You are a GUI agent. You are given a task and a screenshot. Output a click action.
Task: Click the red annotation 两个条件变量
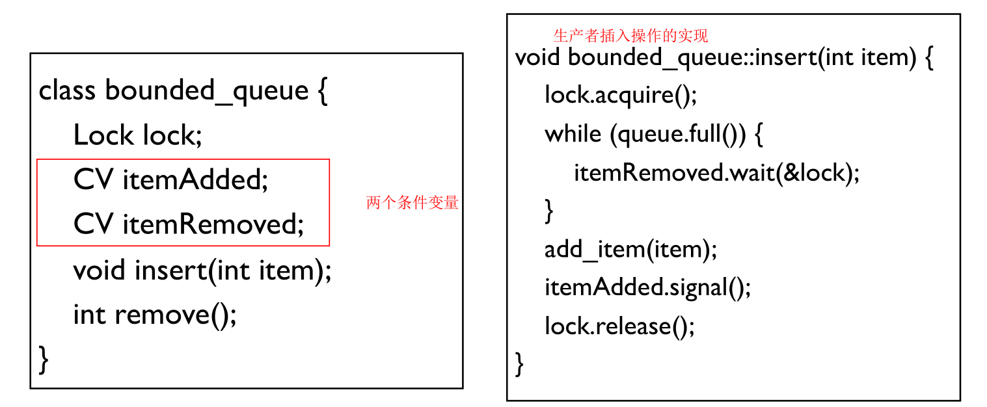tap(412, 203)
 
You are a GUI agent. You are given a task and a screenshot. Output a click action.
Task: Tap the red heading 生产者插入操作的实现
tap(630, 35)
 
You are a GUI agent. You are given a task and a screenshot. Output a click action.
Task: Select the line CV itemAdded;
tap(170, 180)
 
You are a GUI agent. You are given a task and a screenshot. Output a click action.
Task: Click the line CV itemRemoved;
tap(189, 224)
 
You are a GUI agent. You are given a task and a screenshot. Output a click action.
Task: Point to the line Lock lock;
tap(138, 135)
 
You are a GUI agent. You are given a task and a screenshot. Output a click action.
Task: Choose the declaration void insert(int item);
tap(202, 270)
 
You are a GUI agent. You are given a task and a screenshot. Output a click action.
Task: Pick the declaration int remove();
tap(155, 315)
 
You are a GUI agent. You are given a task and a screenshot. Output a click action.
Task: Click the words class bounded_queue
tap(173, 90)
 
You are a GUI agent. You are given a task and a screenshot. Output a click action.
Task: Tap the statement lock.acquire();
tap(621, 96)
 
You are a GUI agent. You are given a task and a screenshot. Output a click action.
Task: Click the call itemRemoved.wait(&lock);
tap(716, 173)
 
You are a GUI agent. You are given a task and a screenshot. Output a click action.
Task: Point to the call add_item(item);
tap(630, 249)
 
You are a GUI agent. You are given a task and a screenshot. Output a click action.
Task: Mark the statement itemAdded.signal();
tap(647, 287)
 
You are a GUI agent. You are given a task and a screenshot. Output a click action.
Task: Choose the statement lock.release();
tap(619, 325)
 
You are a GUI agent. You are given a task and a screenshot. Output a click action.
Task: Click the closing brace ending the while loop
tap(549, 211)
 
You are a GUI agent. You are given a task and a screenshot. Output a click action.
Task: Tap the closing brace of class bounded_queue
tap(44, 360)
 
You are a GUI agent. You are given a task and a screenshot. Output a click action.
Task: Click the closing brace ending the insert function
tap(519, 363)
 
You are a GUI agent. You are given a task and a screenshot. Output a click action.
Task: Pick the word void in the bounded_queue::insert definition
tap(537, 57)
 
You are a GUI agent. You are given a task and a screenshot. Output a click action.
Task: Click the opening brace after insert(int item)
tap(928, 58)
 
